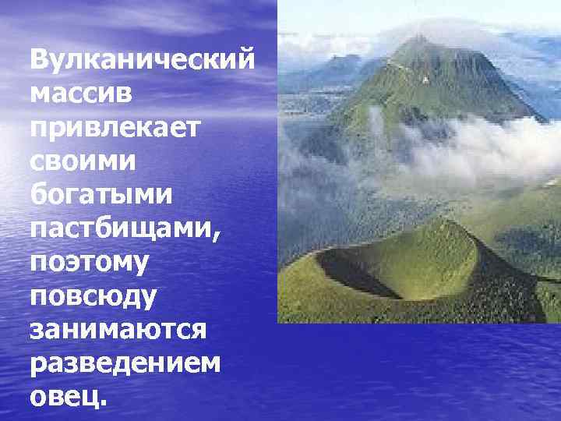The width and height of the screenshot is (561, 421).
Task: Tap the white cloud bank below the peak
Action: [x=467, y=148]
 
